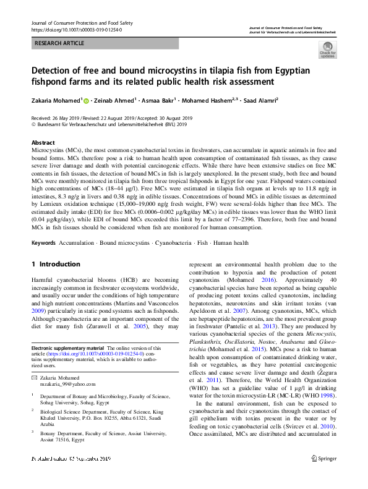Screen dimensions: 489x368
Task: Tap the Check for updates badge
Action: click(327, 50)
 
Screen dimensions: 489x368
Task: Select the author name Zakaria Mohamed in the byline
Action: click(56, 100)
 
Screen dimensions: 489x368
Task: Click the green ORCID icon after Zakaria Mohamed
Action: click(87, 100)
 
